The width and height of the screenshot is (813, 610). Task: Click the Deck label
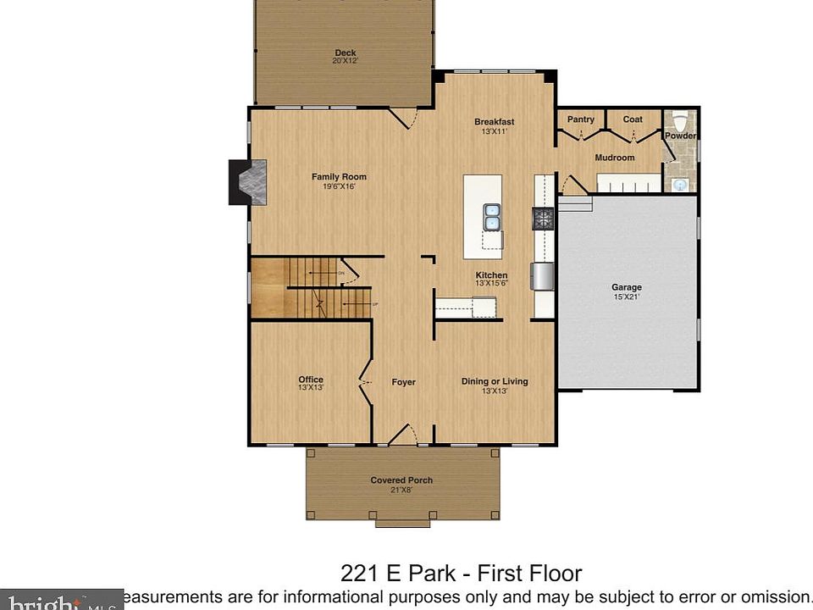[x=345, y=53]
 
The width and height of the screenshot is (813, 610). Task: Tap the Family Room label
[x=339, y=177]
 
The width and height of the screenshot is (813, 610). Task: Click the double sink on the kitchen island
[x=492, y=217]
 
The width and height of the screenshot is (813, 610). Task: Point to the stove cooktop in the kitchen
[x=542, y=219]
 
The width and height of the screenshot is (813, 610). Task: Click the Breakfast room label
[x=494, y=122]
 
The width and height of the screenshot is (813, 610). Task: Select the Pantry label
[x=580, y=119]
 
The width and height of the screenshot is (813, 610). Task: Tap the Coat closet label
[x=633, y=119]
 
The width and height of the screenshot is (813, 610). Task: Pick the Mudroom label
[x=614, y=158]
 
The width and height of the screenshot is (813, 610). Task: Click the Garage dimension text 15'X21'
[x=627, y=297]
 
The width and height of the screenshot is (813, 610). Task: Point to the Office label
[x=310, y=380]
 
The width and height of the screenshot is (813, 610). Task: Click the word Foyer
[x=403, y=382]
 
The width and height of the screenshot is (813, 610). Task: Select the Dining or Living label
[x=494, y=381]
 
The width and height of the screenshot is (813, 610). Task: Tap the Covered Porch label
[x=401, y=480]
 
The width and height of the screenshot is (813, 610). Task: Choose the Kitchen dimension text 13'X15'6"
[x=491, y=284]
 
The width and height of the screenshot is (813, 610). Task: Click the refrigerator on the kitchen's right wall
[x=543, y=276]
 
